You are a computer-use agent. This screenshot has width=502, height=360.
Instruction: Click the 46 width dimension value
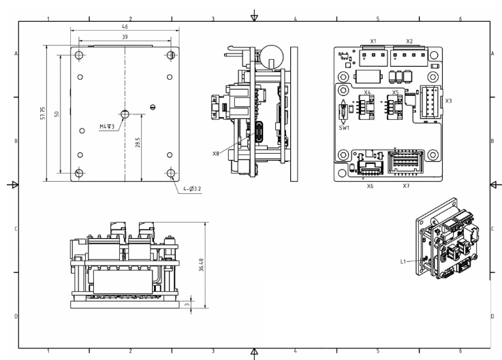click(x=125, y=27)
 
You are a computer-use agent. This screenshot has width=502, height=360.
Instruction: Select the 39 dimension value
click(x=125, y=37)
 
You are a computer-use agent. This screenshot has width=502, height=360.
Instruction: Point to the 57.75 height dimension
click(x=43, y=113)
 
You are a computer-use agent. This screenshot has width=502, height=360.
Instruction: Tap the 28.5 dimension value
click(x=138, y=142)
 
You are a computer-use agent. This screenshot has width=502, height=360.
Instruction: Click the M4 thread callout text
click(x=107, y=127)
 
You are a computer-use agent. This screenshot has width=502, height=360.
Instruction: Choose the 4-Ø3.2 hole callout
click(x=192, y=189)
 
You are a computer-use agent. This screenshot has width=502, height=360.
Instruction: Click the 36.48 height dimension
click(x=201, y=265)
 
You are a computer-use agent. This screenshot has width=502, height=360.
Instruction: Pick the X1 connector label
click(x=373, y=41)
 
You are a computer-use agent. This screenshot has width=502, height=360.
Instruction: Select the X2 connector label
click(x=409, y=41)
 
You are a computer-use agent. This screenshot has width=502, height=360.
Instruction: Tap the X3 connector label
click(x=449, y=101)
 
